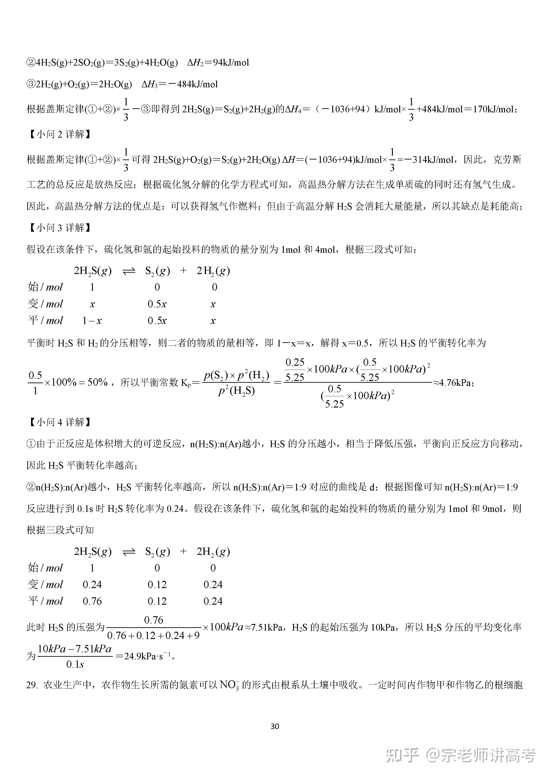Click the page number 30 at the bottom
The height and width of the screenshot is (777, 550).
coord(275,726)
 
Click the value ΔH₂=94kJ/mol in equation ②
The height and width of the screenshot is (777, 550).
coord(218,63)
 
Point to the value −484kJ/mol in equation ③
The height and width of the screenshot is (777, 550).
coord(193,84)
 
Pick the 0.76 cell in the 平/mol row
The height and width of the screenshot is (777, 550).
coord(92,601)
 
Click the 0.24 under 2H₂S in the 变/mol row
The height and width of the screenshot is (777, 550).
coord(92,585)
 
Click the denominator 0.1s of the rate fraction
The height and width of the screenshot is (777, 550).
coord(75,665)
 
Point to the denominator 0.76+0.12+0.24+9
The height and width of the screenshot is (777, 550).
coord(153,635)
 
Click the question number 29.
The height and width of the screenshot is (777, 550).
coord(31,685)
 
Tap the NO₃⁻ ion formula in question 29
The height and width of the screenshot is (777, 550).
coord(229,685)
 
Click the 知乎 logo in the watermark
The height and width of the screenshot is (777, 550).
coord(402,755)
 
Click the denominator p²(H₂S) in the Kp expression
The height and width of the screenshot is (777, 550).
coord(236,391)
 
